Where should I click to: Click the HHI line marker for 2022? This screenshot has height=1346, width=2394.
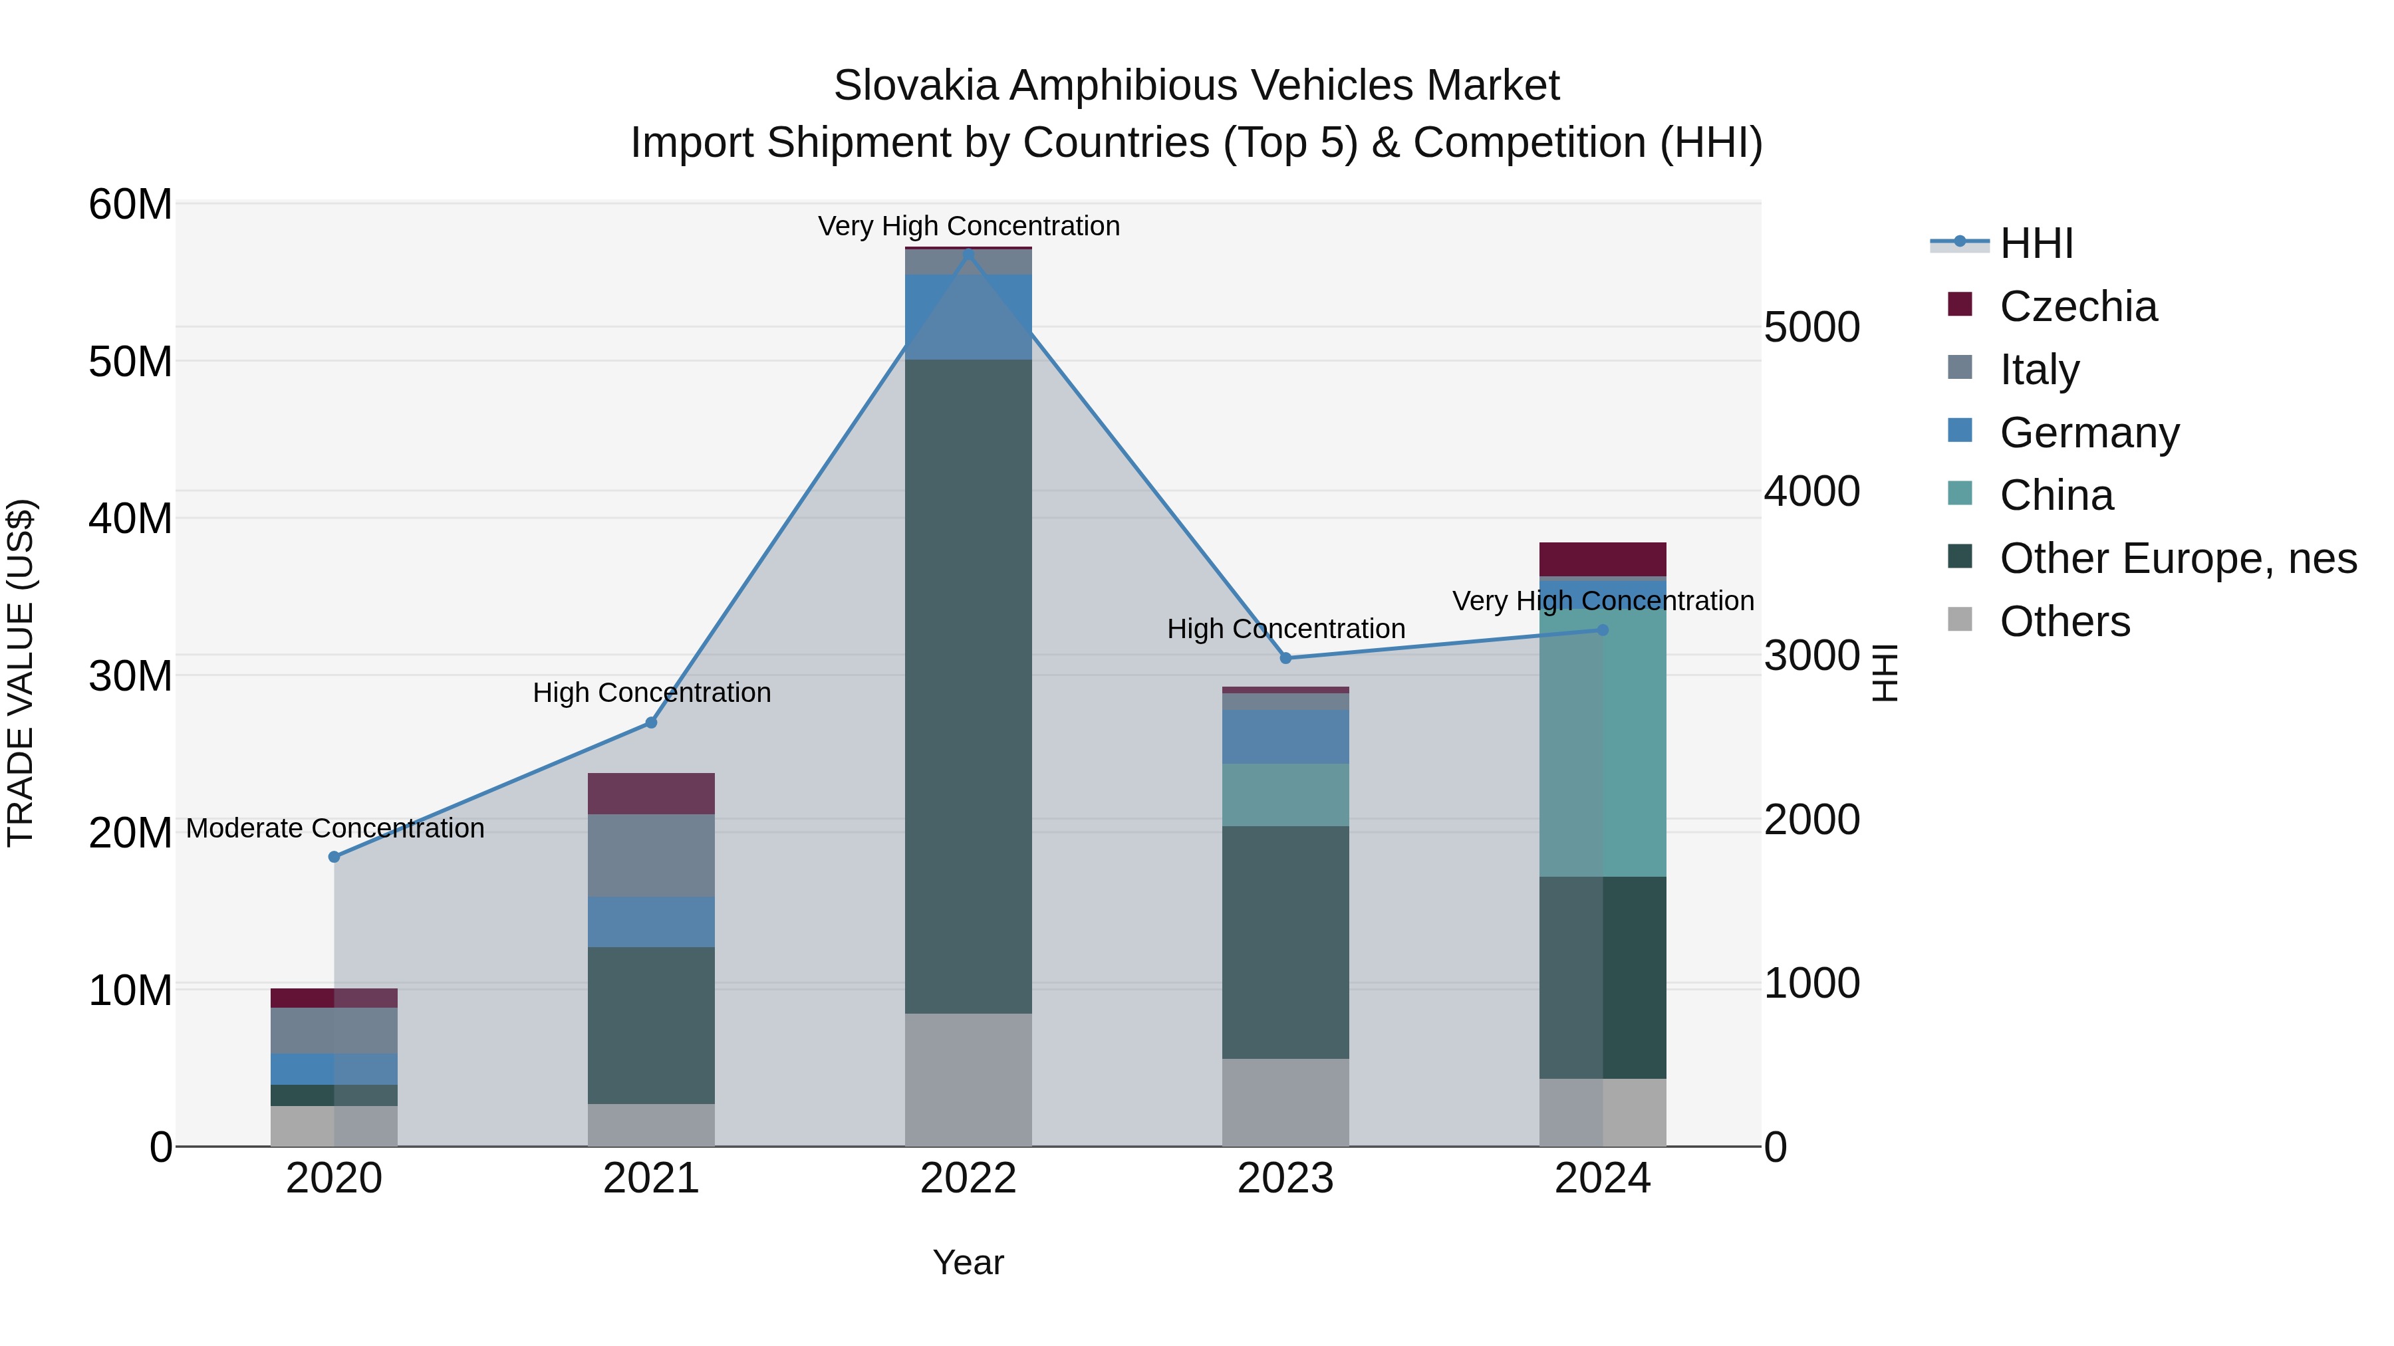tap(968, 252)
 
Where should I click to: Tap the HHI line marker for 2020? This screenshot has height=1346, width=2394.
tap(334, 857)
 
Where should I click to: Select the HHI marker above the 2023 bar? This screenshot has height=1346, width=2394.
tap(1285, 657)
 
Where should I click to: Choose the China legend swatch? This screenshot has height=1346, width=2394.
tap(1960, 493)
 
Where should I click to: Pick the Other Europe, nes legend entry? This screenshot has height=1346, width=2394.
tap(2177, 558)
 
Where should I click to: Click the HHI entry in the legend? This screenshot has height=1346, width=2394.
tap(2036, 243)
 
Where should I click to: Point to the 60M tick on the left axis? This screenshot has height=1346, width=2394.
tap(130, 204)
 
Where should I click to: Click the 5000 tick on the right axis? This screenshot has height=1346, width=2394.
tap(1811, 327)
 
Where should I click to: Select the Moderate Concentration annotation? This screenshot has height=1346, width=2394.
tap(336, 828)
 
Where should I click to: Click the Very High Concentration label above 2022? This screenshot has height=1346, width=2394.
tap(968, 226)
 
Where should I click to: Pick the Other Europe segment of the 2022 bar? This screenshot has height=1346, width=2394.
tap(968, 687)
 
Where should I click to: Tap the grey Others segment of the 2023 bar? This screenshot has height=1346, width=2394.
tap(1285, 1103)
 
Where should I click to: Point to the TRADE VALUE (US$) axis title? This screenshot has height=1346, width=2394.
tap(21, 673)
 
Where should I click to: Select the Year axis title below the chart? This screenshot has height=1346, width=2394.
tap(968, 1262)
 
